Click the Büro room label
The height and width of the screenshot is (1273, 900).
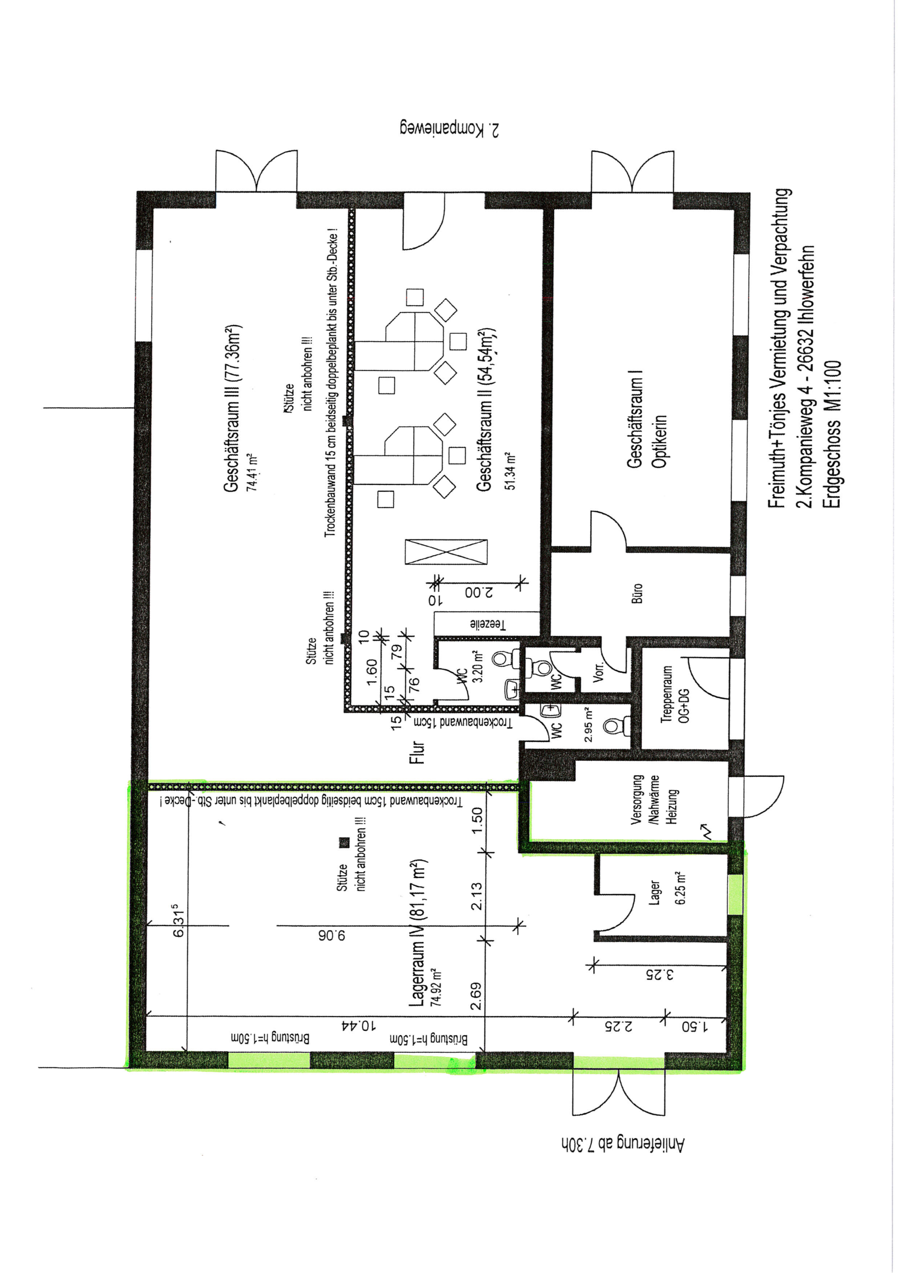click(x=638, y=593)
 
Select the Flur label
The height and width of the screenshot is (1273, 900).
click(x=417, y=752)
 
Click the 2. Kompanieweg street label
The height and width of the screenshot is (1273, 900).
click(x=450, y=129)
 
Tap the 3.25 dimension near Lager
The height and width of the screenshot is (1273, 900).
click(x=660, y=974)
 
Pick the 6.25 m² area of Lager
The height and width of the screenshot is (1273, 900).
click(x=681, y=888)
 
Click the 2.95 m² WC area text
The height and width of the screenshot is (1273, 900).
click(x=588, y=725)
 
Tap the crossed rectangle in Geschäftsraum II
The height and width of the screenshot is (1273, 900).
click(x=447, y=552)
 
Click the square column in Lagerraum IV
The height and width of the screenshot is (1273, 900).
click(x=344, y=842)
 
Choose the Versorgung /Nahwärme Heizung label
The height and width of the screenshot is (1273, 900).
click(x=654, y=799)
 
